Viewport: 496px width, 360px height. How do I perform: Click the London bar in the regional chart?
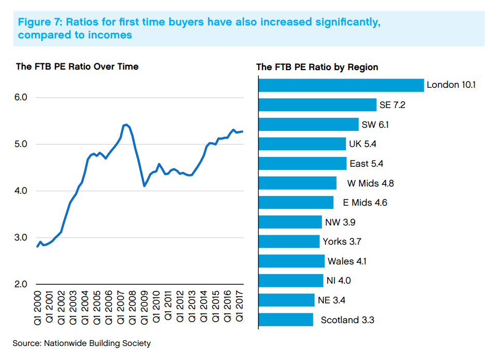(341, 85)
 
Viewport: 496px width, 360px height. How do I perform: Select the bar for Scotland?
(285, 319)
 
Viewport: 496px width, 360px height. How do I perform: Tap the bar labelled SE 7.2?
(317, 105)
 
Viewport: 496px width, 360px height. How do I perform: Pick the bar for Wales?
(291, 261)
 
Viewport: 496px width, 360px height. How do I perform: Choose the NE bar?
(286, 300)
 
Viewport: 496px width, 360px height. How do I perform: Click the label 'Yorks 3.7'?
(342, 242)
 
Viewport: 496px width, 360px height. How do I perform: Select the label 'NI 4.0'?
(339, 281)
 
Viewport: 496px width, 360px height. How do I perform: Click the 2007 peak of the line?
(125, 125)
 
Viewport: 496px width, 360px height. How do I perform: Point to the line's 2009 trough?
(144, 185)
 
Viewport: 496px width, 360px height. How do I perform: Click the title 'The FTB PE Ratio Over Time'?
(77, 66)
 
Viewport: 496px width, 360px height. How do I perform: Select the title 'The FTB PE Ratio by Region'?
(317, 67)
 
